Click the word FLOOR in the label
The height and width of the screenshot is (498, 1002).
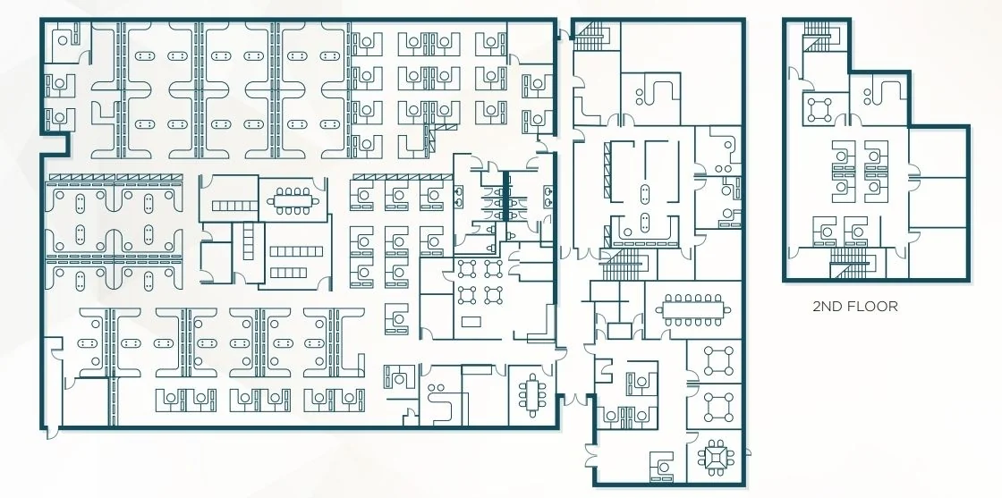[x=872, y=307]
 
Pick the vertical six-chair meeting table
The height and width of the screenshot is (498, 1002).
[x=531, y=394]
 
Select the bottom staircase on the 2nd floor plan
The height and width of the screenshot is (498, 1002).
[x=850, y=262]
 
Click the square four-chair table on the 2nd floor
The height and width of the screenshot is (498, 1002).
[x=819, y=110]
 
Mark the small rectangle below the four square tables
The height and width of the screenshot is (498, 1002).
[x=471, y=321]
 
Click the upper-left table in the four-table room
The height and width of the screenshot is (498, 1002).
[x=467, y=268]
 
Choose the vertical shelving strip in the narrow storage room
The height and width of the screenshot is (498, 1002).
[x=248, y=241]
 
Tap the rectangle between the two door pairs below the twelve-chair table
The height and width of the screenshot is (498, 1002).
[x=619, y=331]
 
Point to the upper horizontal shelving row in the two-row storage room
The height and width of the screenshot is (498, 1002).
[x=296, y=251]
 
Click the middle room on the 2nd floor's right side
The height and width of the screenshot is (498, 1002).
[x=938, y=202]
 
